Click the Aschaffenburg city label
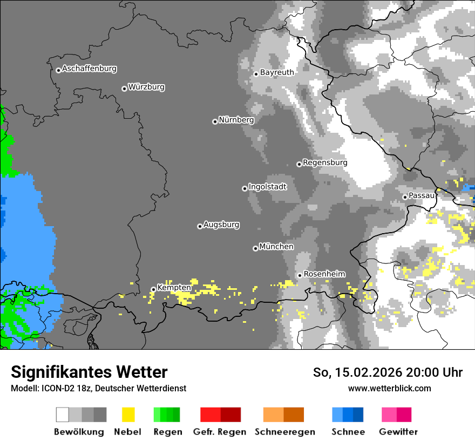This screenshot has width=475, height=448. coord(89,69)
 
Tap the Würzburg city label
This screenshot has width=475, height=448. coord(146,87)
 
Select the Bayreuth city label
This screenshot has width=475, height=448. coord(277,72)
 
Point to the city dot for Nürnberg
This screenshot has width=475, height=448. coord(215,121)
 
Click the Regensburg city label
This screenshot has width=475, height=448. coord(325,162)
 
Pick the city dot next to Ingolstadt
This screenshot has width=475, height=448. coord(245,188)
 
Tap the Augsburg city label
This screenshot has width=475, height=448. coord(221,225)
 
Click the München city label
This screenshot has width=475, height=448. coord(276,247)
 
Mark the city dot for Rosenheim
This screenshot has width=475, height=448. coord(300,276)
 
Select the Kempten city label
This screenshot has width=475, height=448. coord(174,288)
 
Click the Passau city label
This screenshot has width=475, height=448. coord(422,195)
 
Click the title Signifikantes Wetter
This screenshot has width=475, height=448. coord(89,372)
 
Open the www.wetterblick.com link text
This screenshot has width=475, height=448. coord(389,389)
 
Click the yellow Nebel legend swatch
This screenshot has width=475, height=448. coord(128,415)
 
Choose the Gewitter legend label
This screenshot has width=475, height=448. coord(398,432)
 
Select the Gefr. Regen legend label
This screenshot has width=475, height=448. coord(220,432)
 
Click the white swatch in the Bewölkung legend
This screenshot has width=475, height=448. coord(63,415)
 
